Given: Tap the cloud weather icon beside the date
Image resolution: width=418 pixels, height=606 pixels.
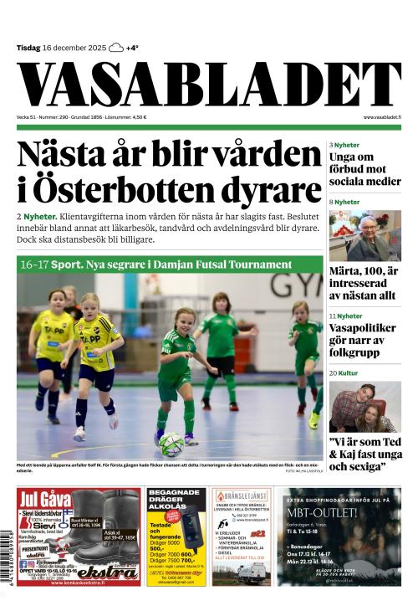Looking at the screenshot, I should point(116,48).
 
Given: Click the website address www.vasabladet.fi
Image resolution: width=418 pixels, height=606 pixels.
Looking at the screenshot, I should point(381,117).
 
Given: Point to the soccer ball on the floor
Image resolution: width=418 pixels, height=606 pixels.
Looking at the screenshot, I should point(172,443).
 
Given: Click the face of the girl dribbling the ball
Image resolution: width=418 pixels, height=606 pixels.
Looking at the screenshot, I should point(182,320).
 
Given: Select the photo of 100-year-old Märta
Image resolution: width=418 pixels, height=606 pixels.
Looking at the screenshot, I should point(364,235).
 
